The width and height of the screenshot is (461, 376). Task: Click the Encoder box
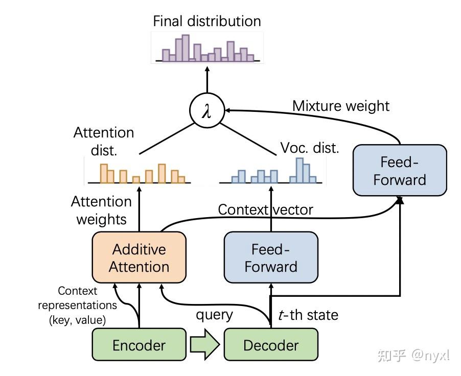coord(139,345)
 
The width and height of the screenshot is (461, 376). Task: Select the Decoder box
coord(271,345)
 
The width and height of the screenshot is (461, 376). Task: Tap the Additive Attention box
coord(139,258)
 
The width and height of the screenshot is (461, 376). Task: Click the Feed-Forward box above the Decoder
coord(271,258)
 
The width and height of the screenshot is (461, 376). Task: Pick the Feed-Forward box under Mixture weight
coord(400,170)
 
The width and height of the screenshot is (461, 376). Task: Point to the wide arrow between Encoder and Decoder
coord(204,345)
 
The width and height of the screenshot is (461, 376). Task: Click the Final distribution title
coord(207,21)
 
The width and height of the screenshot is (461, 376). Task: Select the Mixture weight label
coord(341,106)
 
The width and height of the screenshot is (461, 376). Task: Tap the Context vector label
coord(265,209)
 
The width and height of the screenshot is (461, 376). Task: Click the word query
coord(215,315)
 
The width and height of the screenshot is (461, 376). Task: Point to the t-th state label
coord(308,315)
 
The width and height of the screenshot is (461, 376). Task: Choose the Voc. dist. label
coord(310,148)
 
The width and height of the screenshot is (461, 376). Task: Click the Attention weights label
coord(101,210)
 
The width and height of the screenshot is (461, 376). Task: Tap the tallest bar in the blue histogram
coord(300,171)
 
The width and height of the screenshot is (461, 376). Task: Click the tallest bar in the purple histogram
coord(186,48)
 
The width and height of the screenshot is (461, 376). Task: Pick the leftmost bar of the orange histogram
coord(104,173)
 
